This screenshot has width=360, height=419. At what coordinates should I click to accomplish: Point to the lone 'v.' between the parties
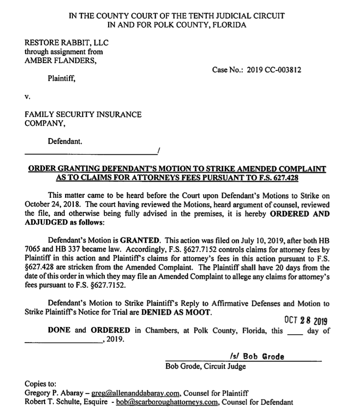[27, 95]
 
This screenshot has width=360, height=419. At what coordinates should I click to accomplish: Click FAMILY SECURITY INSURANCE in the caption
[83, 115]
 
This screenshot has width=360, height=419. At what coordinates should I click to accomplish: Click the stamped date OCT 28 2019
[305, 321]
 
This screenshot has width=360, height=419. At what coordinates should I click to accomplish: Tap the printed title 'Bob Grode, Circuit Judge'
[206, 366]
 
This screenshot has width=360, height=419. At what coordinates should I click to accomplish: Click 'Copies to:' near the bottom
[41, 383]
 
